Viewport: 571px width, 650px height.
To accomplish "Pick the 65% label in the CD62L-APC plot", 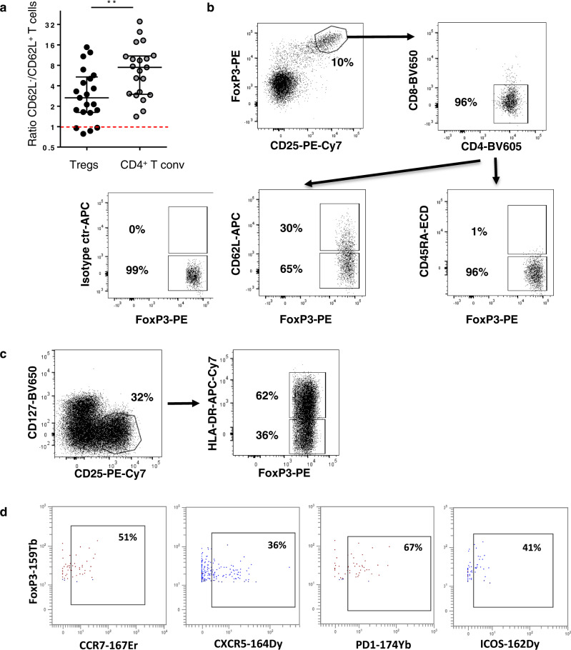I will pos(290,272).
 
